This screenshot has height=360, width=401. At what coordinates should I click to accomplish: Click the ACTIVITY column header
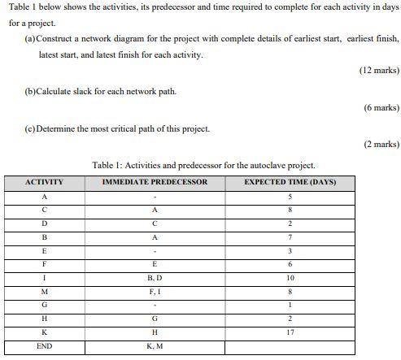tap(45, 182)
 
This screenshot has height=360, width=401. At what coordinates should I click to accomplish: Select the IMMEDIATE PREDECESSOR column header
tap(155, 182)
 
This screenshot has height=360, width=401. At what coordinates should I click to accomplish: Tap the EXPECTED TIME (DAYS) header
tap(290, 182)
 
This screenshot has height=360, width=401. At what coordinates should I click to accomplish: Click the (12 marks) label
tap(378, 71)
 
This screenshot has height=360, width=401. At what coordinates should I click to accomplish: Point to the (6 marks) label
tap(381, 107)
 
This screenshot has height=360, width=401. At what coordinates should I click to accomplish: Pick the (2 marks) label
tap(381, 144)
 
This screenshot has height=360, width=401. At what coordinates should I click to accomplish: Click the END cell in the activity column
tap(45, 346)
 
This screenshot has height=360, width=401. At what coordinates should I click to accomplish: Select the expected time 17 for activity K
tap(290, 332)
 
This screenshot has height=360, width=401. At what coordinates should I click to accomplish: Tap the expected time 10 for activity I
tap(290, 278)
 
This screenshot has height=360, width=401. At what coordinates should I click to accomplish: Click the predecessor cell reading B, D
tap(155, 278)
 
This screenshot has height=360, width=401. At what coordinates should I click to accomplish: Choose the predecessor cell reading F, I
tap(155, 292)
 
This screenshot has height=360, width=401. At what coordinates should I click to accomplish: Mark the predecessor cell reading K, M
tap(155, 346)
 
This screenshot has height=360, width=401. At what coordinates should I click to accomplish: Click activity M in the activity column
tap(45, 292)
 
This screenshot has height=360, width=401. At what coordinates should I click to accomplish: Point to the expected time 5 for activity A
tap(290, 196)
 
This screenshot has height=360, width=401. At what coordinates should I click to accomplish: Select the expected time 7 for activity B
tap(290, 236)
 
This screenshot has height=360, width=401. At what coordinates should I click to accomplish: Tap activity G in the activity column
tap(45, 305)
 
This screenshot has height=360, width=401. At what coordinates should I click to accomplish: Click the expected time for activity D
tap(290, 223)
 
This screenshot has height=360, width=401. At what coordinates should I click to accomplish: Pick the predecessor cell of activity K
tap(155, 332)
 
